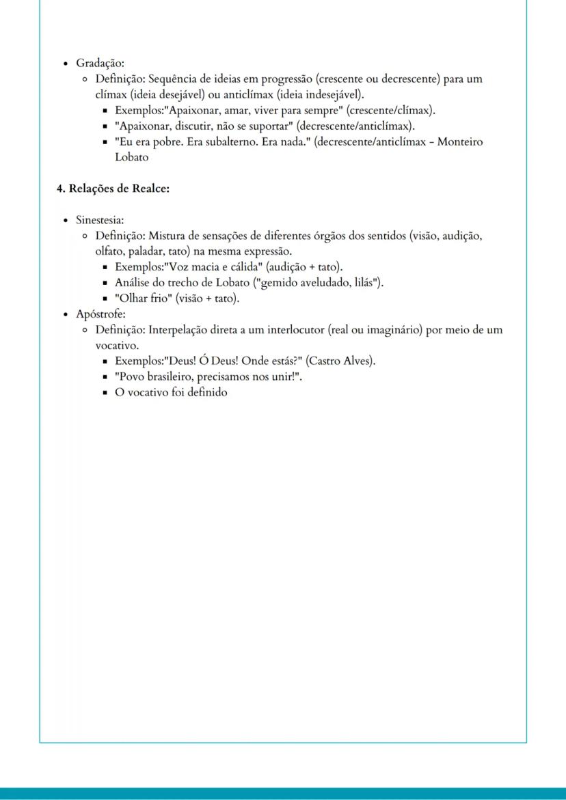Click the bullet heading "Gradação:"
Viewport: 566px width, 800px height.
[x=100, y=63]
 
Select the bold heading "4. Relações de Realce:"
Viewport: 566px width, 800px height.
[x=113, y=189]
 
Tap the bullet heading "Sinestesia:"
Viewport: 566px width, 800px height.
[x=100, y=220]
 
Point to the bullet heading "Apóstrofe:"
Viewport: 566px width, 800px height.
[x=100, y=314]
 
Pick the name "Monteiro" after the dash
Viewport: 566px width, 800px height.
[x=460, y=141]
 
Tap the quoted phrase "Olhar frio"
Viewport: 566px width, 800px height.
[x=144, y=299]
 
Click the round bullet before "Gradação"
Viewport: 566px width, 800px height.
[x=65, y=64]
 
